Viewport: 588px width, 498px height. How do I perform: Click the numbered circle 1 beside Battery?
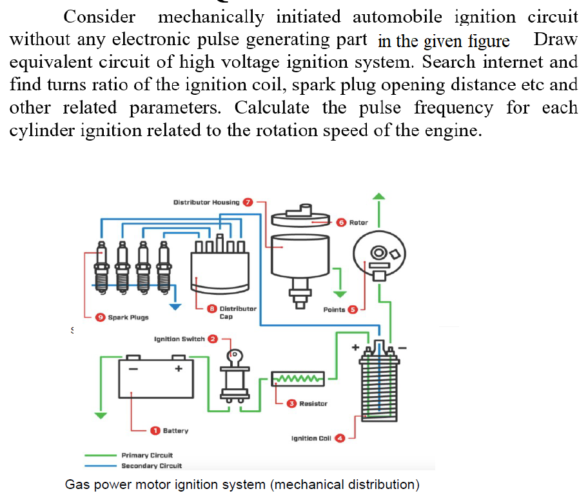(x=155, y=430)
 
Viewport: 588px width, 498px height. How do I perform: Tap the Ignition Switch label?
(x=179, y=338)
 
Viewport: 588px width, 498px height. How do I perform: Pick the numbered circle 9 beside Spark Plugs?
(x=100, y=317)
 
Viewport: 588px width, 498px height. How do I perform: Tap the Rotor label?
(x=358, y=222)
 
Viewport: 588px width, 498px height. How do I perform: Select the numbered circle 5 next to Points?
(x=353, y=310)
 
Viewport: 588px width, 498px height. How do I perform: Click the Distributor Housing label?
(x=206, y=202)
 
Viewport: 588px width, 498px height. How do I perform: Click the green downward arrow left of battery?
(x=99, y=415)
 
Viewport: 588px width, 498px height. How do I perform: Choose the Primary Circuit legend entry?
(x=147, y=455)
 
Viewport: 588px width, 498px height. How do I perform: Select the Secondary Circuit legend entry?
(x=152, y=465)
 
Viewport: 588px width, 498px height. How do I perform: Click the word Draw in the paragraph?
(x=556, y=40)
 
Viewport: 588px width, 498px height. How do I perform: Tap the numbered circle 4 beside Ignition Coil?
(x=340, y=438)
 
